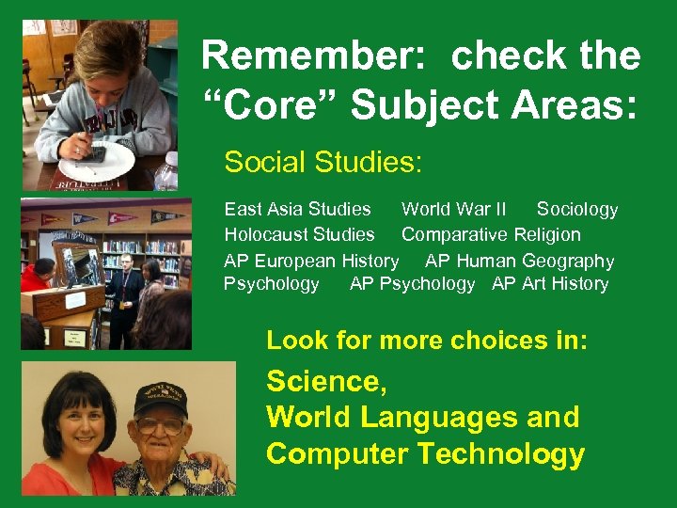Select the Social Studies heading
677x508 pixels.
pyautogui.click(x=323, y=163)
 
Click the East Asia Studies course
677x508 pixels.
pyautogui.click(x=297, y=209)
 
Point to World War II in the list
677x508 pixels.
pyautogui.click(x=454, y=209)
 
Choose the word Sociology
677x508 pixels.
pyautogui.click(x=577, y=209)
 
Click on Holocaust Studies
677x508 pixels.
pyautogui.click(x=299, y=234)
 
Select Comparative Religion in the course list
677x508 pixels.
pyautogui.click(x=491, y=234)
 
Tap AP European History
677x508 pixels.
pyautogui.click(x=311, y=261)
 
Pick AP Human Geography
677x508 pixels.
pyautogui.click(x=520, y=261)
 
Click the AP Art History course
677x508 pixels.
pyautogui.click(x=550, y=284)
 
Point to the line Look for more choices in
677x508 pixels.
pyautogui.click(x=427, y=341)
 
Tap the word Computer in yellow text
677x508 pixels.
pyautogui.click(x=338, y=454)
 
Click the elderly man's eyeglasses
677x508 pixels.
pyautogui.click(x=160, y=424)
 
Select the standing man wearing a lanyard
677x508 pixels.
pyautogui.click(x=125, y=282)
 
